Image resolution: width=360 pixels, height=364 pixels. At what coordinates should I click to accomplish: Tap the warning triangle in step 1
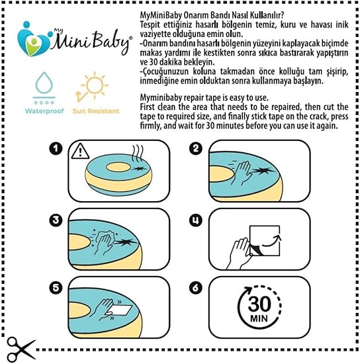[80, 151]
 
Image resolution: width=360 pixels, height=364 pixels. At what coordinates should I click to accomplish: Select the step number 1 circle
[56, 148]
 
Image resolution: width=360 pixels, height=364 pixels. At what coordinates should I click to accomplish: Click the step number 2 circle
[196, 148]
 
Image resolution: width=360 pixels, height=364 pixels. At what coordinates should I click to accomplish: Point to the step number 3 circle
[56, 220]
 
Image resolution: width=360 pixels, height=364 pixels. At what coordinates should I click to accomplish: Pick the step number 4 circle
[196, 220]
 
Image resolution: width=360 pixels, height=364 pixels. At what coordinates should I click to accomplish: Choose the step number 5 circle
[56, 288]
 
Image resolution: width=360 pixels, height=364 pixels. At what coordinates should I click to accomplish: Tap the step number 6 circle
[196, 288]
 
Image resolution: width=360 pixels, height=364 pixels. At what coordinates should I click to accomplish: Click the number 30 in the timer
[259, 304]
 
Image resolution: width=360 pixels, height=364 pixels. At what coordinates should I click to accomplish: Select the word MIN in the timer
[259, 318]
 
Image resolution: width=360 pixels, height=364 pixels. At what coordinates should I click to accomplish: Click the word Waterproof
[44, 111]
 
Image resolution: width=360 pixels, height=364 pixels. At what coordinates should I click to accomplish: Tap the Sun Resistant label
[96, 111]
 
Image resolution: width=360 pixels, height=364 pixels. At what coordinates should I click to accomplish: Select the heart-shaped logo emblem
[34, 40]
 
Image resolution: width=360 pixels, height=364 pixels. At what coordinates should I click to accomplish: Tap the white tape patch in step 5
[119, 310]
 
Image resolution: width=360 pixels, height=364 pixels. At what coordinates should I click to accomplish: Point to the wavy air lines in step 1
[138, 154]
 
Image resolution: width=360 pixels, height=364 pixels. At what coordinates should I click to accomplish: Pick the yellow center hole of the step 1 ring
[118, 167]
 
